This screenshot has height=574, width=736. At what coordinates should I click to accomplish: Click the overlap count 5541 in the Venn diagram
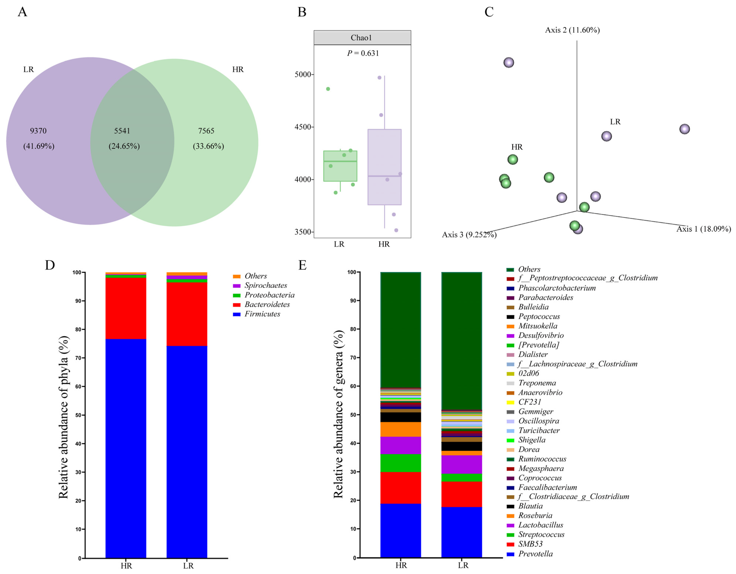tap(122, 131)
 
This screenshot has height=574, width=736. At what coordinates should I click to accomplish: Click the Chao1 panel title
tap(361, 38)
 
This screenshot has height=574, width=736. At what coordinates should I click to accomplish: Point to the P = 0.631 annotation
tap(363, 53)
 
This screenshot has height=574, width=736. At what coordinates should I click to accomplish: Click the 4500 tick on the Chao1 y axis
tap(302, 127)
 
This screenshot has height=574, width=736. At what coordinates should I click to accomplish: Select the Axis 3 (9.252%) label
tap(469, 235)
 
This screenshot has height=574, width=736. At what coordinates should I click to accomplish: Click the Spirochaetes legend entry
tap(265, 285)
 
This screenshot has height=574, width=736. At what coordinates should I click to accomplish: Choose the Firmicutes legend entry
tap(262, 314)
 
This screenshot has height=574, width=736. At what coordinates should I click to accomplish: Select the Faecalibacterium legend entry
tap(547, 487)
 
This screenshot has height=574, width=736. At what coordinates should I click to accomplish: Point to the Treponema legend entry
tap(537, 383)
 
